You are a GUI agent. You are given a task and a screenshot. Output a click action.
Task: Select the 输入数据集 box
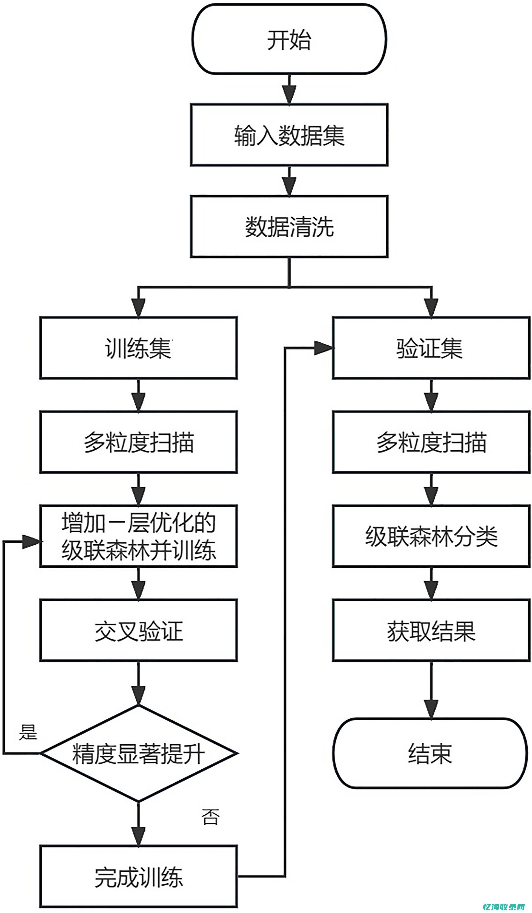[x=289, y=135]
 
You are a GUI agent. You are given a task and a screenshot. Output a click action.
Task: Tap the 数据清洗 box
[x=289, y=227]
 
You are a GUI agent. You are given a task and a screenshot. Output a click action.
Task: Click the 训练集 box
[x=138, y=348]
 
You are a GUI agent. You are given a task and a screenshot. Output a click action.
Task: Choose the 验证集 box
[x=431, y=348]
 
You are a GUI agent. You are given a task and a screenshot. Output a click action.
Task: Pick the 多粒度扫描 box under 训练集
[x=138, y=442]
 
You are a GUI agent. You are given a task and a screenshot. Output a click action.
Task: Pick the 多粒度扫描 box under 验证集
[x=431, y=442]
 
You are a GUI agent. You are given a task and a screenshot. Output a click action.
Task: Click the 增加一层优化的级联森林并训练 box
[x=138, y=536]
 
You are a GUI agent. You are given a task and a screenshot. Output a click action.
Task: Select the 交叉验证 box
[x=138, y=630]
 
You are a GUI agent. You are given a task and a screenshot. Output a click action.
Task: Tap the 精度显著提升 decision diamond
[x=138, y=753]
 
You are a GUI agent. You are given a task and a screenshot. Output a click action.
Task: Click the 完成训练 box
[x=138, y=877]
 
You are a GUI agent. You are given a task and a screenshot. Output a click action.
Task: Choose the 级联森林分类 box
[x=431, y=536]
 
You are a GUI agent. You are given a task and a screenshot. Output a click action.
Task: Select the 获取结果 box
[x=431, y=630]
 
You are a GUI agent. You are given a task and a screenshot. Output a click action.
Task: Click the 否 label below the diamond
[x=210, y=817]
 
